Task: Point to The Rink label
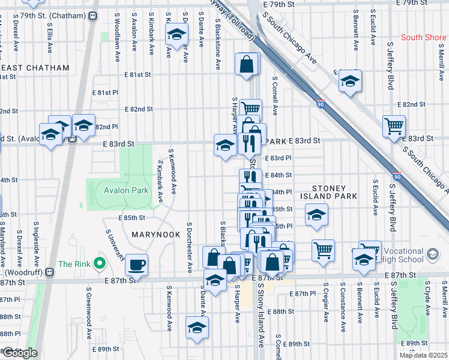pos(74,263)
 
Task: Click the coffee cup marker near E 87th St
pos(137,265)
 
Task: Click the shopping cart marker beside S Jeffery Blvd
pos(394,127)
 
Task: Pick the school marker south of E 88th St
pos(196,328)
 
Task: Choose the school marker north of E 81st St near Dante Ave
pos(176,36)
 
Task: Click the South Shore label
pos(423,37)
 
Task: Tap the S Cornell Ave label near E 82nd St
pos(275,95)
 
